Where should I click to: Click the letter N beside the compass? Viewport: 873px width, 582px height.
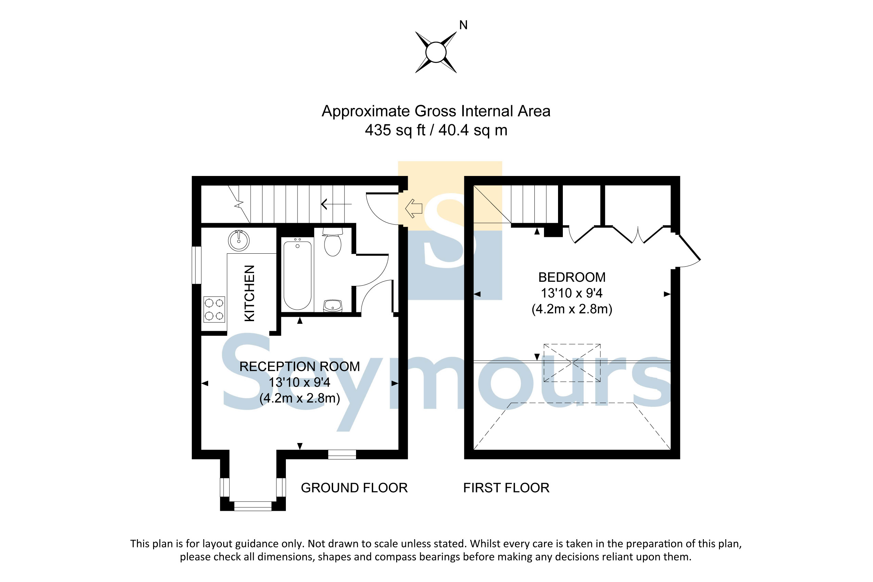[463, 25]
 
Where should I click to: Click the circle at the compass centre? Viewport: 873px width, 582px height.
[436, 52]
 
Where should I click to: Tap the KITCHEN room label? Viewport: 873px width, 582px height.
[250, 293]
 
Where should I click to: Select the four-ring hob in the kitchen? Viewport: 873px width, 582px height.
[214, 309]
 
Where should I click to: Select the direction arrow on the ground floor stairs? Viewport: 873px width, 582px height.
[336, 204]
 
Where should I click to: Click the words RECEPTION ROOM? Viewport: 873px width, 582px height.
[300, 366]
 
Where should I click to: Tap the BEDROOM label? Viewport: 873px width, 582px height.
[572, 277]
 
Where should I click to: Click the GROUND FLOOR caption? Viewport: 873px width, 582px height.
[354, 488]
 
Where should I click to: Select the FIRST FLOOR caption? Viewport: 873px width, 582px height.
[506, 488]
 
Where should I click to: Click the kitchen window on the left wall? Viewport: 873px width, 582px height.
[197, 265]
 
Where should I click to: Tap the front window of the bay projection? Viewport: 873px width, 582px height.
[253, 506]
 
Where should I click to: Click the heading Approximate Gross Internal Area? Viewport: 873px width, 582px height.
[436, 111]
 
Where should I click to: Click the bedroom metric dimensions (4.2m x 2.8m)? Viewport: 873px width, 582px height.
[572, 309]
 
